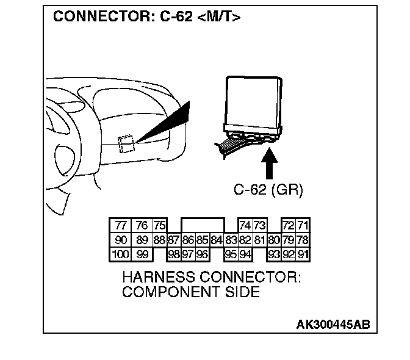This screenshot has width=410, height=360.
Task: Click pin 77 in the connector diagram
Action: pyautogui.click(x=121, y=225)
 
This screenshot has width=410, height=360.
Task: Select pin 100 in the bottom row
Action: pyautogui.click(x=121, y=253)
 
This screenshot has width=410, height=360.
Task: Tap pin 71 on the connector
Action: pyautogui.click(x=303, y=225)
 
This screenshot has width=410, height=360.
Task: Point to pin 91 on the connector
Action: pyautogui.click(x=303, y=253)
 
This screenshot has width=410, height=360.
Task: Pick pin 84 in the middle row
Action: pyautogui.click(x=216, y=239)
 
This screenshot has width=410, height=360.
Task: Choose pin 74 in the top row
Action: pyautogui.click(x=245, y=225)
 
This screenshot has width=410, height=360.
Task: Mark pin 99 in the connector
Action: pyautogui.click(x=142, y=253)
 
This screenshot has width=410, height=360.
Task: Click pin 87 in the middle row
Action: pyautogui.click(x=173, y=239)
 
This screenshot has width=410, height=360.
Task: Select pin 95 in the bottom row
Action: pyautogui.click(x=231, y=253)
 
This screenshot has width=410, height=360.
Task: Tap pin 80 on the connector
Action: pyautogui.click(x=274, y=239)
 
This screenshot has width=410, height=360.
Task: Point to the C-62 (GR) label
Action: pyautogui.click(x=268, y=190)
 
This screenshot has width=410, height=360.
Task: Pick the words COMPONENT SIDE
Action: pyautogui.click(x=190, y=292)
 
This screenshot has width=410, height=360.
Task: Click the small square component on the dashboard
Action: pyautogui.click(x=127, y=142)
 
